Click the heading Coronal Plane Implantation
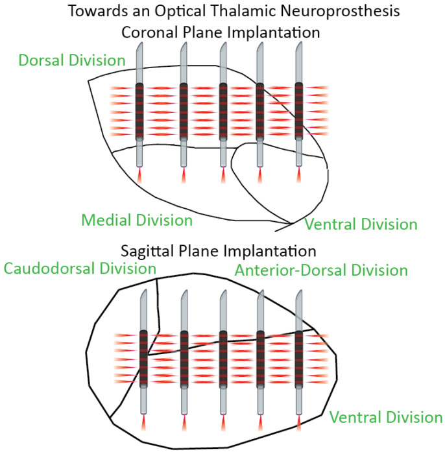tap(222, 32)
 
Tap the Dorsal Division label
tap(72, 60)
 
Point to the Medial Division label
tap(137, 221)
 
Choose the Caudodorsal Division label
tap(80, 268)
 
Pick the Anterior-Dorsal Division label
tap(322, 270)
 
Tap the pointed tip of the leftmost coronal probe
tap(140, 47)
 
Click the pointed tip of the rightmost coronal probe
tap(299, 47)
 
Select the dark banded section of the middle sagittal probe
tap(222, 358)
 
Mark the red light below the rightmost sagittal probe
tap(299, 422)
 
